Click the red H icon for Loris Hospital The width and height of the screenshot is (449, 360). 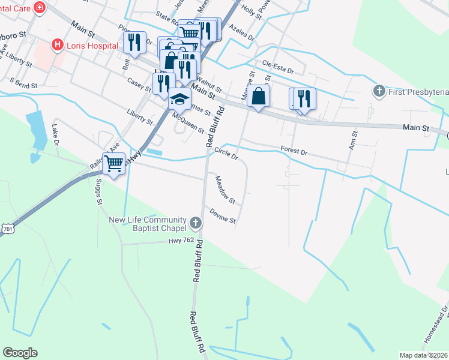pyautogui.click(x=58, y=44)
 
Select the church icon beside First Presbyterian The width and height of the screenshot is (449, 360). pyautogui.click(x=378, y=92)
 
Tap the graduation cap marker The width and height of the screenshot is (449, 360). pyautogui.click(x=179, y=98)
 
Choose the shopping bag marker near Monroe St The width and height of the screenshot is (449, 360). pyautogui.click(x=258, y=95)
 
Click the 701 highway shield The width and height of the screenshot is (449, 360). pyautogui.click(x=7, y=229)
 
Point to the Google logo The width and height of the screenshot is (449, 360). pyautogui.click(x=20, y=353)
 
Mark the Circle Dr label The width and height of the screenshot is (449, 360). pyautogui.click(x=226, y=154)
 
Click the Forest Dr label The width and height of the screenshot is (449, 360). pyautogui.click(x=294, y=150)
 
